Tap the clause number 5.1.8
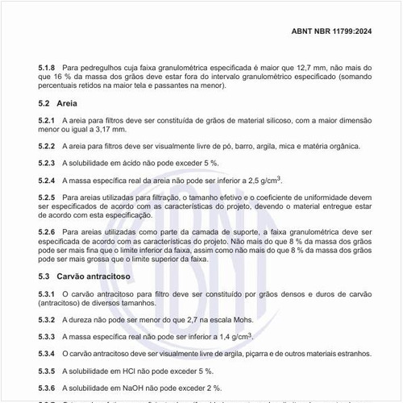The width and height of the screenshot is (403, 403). [47, 67]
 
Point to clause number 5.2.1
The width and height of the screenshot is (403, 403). [47, 120]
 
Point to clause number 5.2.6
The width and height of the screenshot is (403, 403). [47, 231]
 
